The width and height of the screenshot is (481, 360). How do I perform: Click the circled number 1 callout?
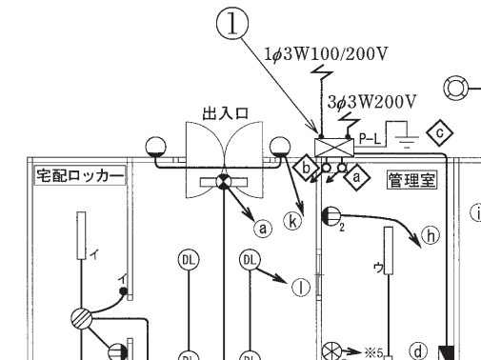pos(232,23)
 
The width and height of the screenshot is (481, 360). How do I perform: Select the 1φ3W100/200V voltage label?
pos(326,54)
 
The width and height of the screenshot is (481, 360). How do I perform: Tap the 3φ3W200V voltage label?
pos(371,102)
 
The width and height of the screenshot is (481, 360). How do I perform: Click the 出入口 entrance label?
pos(225,113)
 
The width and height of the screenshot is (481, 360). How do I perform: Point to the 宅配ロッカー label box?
pos(80,175)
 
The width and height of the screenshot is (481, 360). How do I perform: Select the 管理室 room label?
pos(411,180)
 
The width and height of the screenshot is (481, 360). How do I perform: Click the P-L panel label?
pos(370,139)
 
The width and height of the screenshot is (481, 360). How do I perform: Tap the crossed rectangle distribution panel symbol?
pos(334,148)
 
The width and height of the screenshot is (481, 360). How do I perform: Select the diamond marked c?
pos(440,132)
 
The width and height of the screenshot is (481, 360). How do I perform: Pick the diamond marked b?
pos(306,168)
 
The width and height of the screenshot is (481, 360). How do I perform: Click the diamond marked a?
pos(357,177)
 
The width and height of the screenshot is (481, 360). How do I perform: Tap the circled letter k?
pos(292,221)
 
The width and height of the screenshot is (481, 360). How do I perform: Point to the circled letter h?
pos(431,235)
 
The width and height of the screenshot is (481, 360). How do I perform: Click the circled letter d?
pos(418,351)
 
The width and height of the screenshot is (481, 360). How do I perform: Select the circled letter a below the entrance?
pos(263,228)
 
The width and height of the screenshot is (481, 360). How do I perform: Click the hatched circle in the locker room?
pos(82,318)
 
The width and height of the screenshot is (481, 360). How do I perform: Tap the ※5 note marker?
pos(373,352)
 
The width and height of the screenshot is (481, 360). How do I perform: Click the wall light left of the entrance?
pos(155,147)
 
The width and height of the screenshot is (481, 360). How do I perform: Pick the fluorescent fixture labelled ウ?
pos(389,250)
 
